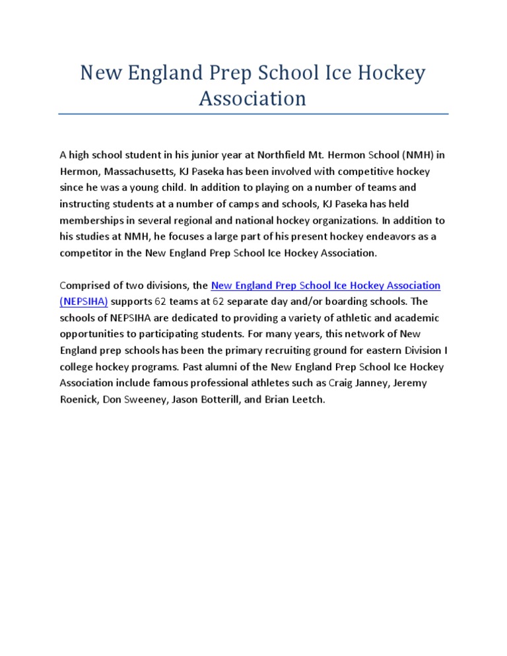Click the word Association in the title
coord(253,98)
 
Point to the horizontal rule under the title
coord(253,114)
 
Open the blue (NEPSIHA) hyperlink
coord(83,302)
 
